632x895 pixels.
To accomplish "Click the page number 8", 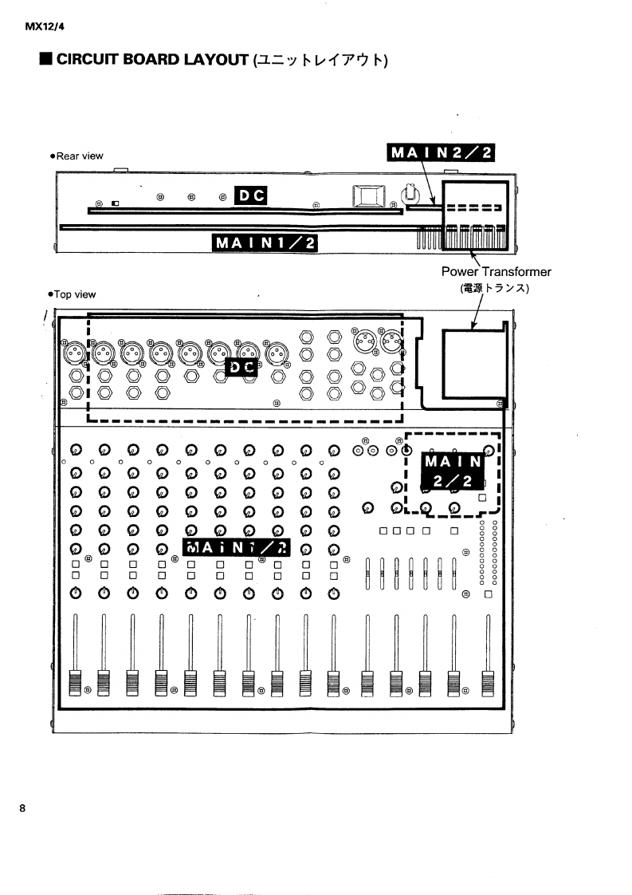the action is [x=23, y=808].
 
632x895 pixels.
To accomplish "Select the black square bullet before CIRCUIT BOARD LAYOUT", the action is [x=46, y=60].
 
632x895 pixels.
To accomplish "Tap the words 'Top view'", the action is [x=77, y=294].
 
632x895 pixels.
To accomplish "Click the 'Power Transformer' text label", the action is [x=496, y=272].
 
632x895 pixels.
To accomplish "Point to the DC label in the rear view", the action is [x=249, y=195].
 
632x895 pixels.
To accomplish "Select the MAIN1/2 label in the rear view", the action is [x=265, y=242].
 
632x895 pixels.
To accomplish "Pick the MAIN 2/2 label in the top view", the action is [x=453, y=471].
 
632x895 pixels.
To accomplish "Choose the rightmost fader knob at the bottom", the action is [x=487, y=683].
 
